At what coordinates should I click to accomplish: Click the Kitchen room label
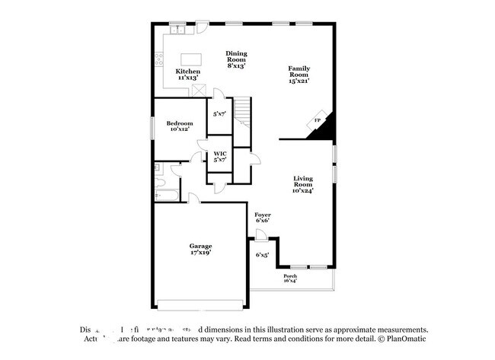[188, 72]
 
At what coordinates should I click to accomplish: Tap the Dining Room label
[236, 56]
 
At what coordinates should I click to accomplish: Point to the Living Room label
[303, 180]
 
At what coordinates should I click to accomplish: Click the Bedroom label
[180, 123]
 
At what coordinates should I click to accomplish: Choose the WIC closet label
[219, 154]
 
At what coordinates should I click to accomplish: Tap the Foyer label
[262, 215]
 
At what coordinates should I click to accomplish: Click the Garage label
[201, 246]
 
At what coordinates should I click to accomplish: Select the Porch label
[290, 276]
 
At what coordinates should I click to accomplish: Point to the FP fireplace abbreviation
[317, 120]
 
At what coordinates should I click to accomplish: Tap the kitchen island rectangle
[190, 59]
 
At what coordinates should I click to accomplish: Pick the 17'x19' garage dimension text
[201, 253]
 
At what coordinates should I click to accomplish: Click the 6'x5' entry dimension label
[262, 255]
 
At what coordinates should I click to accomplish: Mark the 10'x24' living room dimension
[303, 190]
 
